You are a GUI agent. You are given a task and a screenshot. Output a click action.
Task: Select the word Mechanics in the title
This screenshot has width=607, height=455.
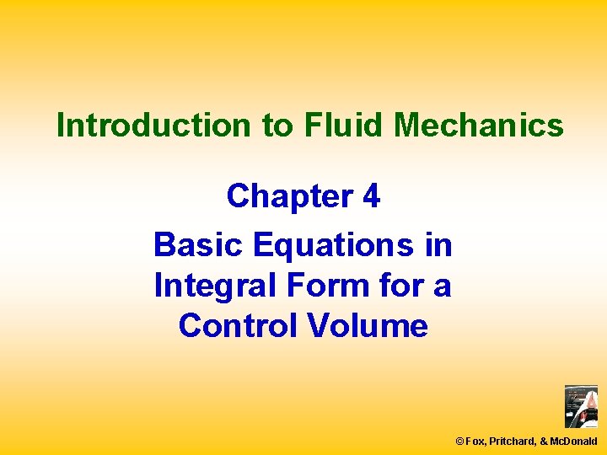click(479, 126)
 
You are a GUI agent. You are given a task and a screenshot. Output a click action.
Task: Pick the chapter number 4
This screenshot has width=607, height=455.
click(370, 196)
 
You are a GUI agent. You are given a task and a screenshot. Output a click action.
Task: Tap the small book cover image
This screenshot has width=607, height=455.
click(581, 407)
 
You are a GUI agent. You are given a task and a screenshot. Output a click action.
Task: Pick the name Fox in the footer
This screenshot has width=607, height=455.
click(476, 441)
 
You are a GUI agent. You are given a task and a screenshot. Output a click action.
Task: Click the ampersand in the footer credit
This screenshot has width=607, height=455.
click(544, 441)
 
